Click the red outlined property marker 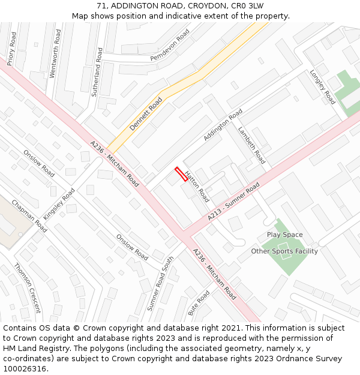point(181,175)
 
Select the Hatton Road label point(197,187)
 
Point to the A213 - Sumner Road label point(234,202)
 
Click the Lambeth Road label point(251,145)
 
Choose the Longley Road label point(322,87)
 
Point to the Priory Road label point(12,49)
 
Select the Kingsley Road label point(59,204)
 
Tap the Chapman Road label point(29,216)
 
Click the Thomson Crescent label point(28,288)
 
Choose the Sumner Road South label point(160,283)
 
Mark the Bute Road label point(199,303)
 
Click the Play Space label point(284,235)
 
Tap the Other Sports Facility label point(284,251)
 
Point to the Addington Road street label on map point(223,125)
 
